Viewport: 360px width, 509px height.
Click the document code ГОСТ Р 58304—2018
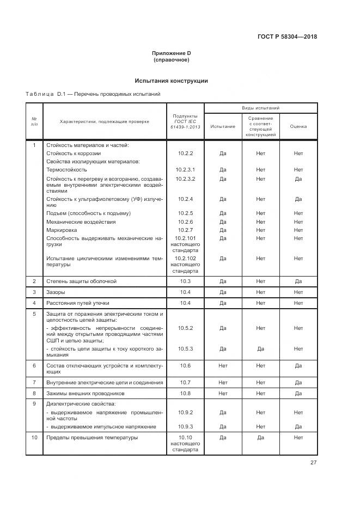point(287,37)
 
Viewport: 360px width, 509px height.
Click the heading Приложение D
point(171,53)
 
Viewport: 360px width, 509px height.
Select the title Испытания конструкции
point(171,81)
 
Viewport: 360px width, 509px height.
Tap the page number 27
point(313,463)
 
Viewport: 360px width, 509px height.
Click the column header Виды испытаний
point(260,109)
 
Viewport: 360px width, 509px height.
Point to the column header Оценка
point(298,127)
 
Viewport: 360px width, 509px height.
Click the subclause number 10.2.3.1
point(185,170)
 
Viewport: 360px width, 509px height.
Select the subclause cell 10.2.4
point(185,199)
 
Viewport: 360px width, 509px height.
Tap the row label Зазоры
point(56,292)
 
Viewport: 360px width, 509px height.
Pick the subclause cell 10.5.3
point(185,348)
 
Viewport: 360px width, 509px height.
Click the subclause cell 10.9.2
point(185,413)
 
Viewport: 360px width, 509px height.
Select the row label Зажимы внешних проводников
point(86,393)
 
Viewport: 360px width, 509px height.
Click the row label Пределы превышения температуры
point(92,437)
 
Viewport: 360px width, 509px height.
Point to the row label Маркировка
point(62,230)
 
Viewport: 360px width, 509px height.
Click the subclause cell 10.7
point(185,383)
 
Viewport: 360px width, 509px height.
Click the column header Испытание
point(223,127)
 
